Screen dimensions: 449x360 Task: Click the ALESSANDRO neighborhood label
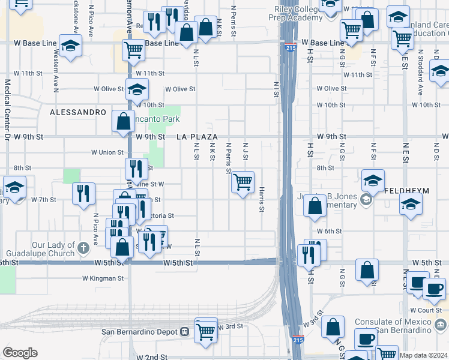point(78,112)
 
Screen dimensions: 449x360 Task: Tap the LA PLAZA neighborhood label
point(197,137)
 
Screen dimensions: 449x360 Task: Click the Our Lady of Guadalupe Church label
point(55,250)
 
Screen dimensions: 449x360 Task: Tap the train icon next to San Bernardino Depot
point(185,332)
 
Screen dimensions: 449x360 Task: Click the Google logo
point(19,353)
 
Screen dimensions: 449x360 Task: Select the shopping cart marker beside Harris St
point(243,182)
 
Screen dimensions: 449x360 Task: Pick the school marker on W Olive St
point(137,90)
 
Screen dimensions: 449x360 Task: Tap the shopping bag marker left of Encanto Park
point(123,121)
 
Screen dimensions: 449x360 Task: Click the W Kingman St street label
point(103,278)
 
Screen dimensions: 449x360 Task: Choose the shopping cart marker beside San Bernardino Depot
point(206,331)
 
